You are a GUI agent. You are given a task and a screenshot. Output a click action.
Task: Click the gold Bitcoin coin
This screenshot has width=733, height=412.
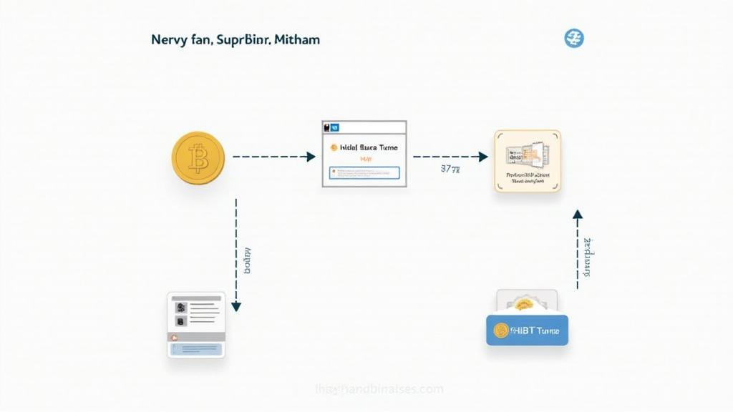[x=198, y=158]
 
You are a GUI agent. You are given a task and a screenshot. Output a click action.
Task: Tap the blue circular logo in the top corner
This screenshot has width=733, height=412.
[x=574, y=39]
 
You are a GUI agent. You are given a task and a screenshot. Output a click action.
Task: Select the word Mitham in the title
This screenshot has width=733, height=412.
[x=296, y=39]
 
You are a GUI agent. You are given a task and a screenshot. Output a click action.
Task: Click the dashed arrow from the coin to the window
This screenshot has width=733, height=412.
[x=273, y=157]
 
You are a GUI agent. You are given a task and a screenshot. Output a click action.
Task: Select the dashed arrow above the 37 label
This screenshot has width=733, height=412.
[x=450, y=157]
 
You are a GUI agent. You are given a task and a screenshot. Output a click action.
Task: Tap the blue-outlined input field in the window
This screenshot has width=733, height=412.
[x=364, y=172]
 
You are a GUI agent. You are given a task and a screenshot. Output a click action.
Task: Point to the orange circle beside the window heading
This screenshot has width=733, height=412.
[x=333, y=147]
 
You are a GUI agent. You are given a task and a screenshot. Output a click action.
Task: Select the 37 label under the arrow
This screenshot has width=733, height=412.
[x=450, y=170]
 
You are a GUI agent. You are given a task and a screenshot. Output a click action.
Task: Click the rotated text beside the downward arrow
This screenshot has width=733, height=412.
[x=248, y=260]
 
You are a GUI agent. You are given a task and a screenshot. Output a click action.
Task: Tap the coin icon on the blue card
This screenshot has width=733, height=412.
[x=501, y=330]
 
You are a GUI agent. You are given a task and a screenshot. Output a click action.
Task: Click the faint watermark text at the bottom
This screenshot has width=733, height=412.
[x=379, y=389]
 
